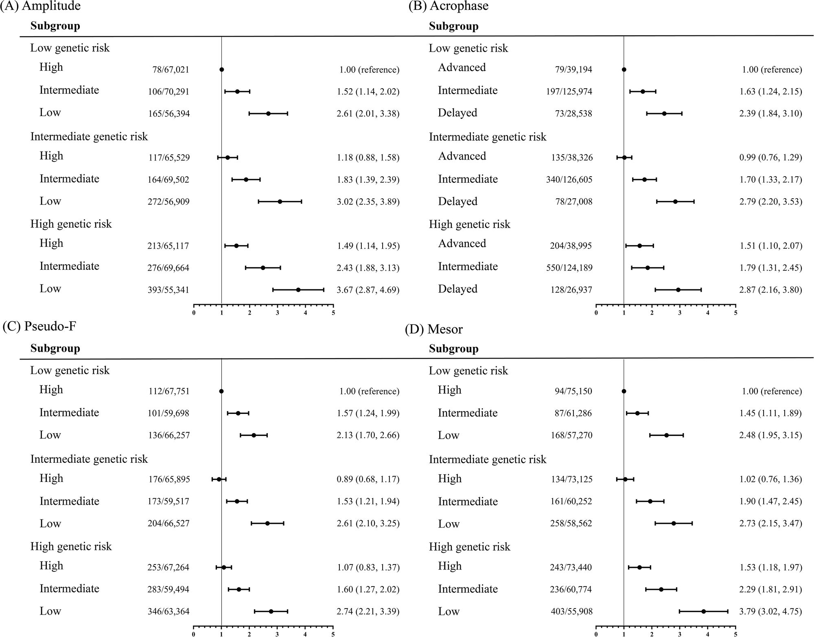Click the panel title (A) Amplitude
(41, 6)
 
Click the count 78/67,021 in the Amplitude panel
(171, 70)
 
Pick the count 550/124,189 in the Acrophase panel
(569, 268)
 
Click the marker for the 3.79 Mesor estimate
(703, 611)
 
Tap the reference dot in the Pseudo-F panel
(221, 391)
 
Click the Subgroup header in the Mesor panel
(453, 349)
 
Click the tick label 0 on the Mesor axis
(596, 634)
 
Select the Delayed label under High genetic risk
(457, 289)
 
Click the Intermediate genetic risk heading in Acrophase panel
(487, 137)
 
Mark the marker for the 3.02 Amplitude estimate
(280, 201)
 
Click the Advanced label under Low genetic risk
(462, 68)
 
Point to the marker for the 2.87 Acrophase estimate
(678, 290)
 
